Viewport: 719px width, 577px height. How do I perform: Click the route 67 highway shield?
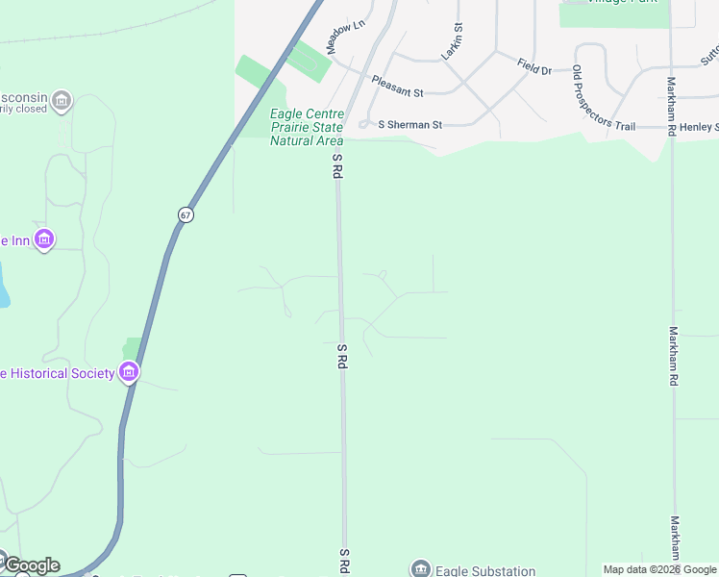186,214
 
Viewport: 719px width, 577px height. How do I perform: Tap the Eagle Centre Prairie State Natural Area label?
307,128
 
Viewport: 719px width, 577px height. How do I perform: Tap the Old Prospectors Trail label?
604,98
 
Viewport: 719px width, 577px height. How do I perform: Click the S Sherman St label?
409,125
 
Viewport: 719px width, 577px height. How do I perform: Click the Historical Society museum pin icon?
129,372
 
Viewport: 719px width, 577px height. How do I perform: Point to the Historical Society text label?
57,373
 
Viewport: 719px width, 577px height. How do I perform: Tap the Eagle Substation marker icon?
420,569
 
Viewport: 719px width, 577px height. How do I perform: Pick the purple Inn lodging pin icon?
43,238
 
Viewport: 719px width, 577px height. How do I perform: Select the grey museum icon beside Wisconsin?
62,100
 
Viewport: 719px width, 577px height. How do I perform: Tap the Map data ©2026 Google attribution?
660,569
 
